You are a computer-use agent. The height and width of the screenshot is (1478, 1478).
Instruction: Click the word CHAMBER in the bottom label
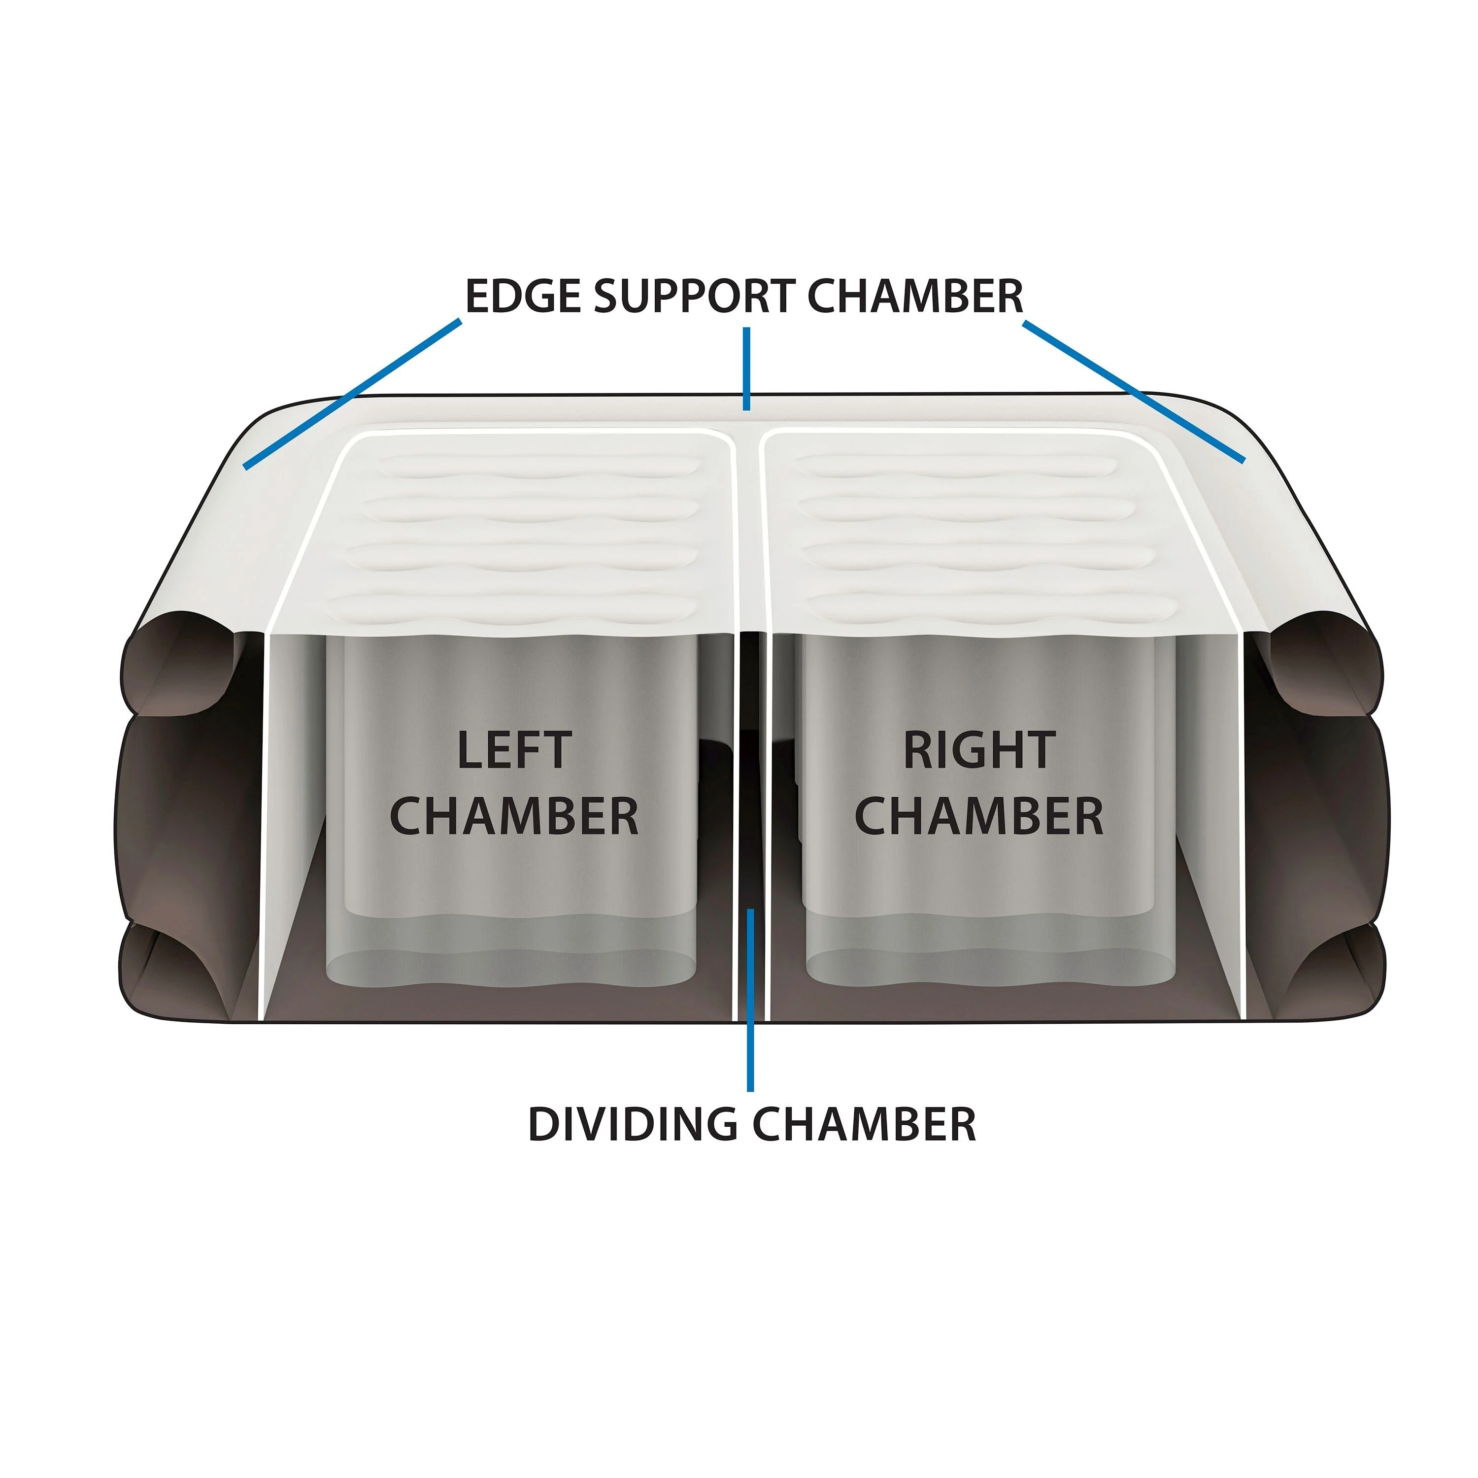click(x=865, y=1125)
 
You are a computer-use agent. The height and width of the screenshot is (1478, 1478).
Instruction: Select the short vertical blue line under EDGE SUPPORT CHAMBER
click(x=747, y=369)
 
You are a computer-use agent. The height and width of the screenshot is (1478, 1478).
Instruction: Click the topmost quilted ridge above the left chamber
click(x=539, y=465)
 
